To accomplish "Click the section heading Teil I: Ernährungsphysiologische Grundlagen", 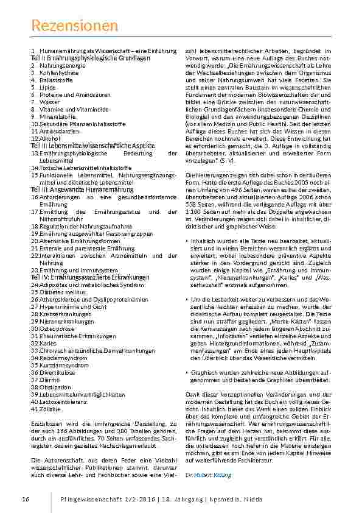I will pos(90,57).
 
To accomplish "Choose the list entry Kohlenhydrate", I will pos(59,73).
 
